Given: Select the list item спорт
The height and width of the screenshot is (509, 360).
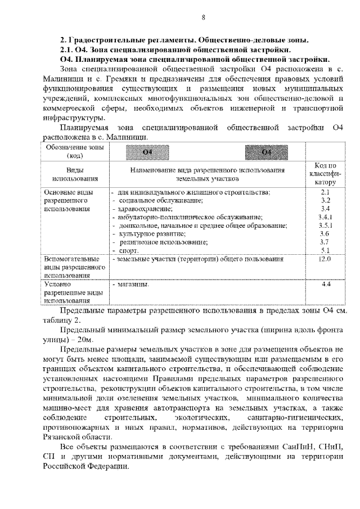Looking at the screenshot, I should [129, 250].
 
